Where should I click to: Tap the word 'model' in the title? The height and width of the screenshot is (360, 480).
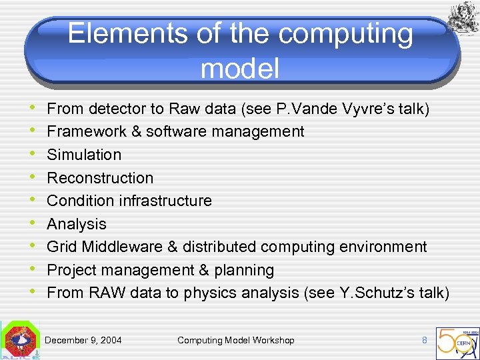click(239, 68)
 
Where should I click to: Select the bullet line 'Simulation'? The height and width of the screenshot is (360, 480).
click(84, 155)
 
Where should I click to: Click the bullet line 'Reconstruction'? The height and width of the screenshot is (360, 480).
click(100, 178)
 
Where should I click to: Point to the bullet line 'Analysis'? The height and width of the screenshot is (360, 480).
click(77, 224)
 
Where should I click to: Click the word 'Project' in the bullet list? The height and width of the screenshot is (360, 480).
click(71, 270)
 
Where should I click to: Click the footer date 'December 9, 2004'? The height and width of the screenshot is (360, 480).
click(83, 341)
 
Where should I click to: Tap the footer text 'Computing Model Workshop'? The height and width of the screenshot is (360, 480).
click(235, 341)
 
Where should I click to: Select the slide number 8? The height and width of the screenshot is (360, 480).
click(424, 340)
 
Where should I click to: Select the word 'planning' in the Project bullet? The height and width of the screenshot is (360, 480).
click(246, 270)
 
